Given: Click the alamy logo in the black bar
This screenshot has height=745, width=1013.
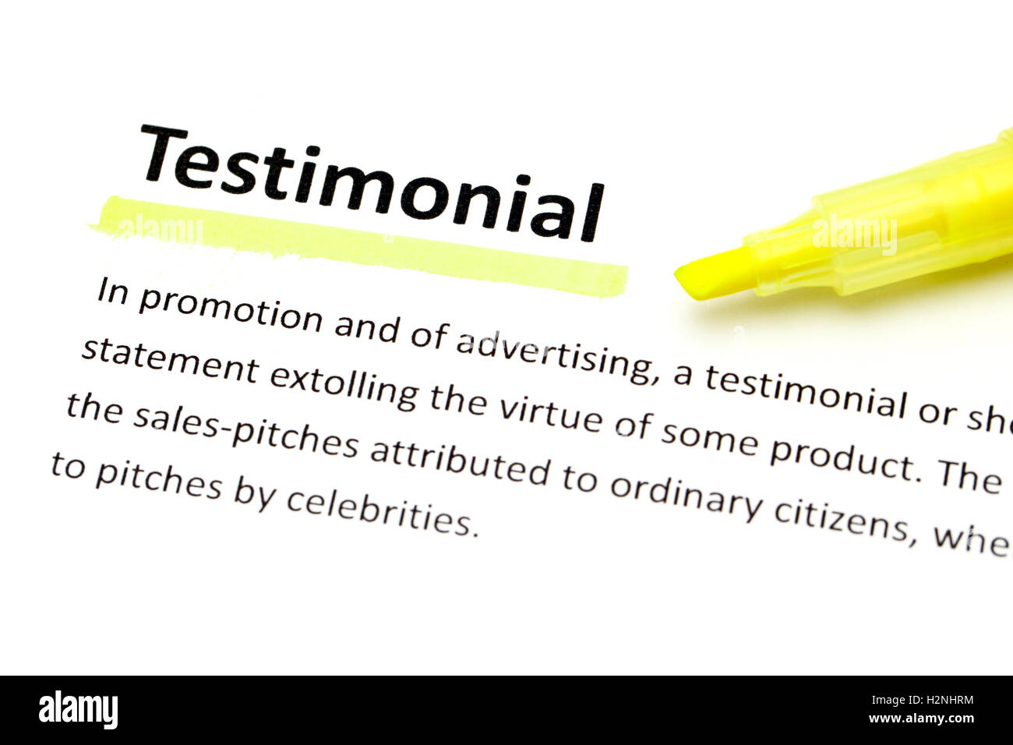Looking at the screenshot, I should click(78, 710).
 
